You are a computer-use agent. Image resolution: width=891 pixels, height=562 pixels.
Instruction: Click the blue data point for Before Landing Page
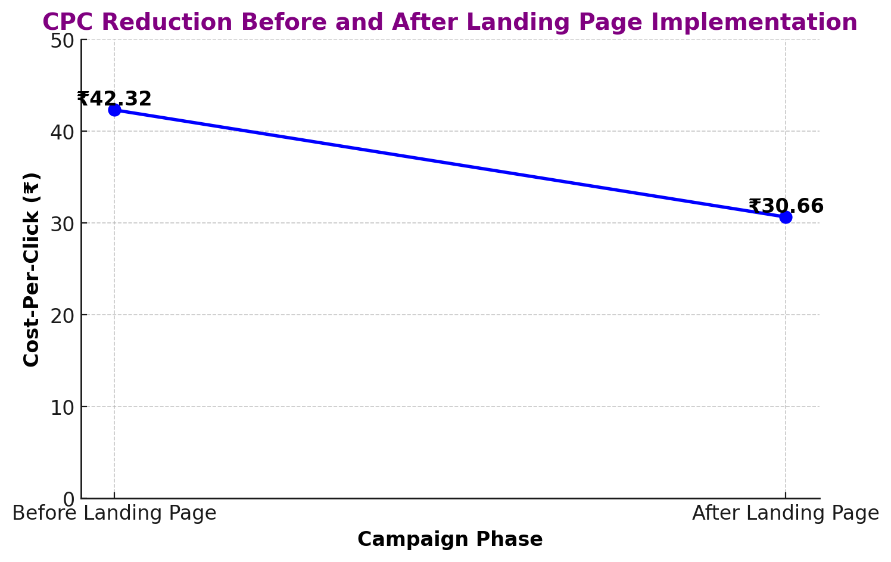pos(114,110)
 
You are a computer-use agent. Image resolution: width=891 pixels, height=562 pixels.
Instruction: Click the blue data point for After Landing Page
pos(786,218)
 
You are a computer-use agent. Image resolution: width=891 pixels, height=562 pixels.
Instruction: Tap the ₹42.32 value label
pos(114,99)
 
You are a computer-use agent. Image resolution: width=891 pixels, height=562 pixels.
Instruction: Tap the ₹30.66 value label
pos(786,206)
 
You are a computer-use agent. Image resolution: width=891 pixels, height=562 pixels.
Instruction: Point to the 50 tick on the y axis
pos(63,41)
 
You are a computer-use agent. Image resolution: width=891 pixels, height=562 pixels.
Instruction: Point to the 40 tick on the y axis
pos(63,132)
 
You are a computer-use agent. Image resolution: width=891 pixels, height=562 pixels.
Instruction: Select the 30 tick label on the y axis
pos(63,224)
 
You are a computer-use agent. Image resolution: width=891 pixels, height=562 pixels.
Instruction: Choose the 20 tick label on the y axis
pos(63,316)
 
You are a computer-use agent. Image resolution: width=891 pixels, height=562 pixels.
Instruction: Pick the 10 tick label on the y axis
pos(63,408)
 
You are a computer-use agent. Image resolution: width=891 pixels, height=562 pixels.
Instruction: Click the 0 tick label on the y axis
pos(69,499)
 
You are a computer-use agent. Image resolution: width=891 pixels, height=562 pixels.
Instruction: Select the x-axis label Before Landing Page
pos(114,513)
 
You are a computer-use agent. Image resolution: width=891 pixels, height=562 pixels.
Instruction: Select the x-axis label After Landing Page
pos(786,513)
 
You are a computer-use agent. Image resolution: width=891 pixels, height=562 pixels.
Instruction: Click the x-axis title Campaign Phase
pos(450,540)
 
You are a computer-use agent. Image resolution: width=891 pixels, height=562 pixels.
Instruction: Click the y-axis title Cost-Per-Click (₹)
pos(31,269)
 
